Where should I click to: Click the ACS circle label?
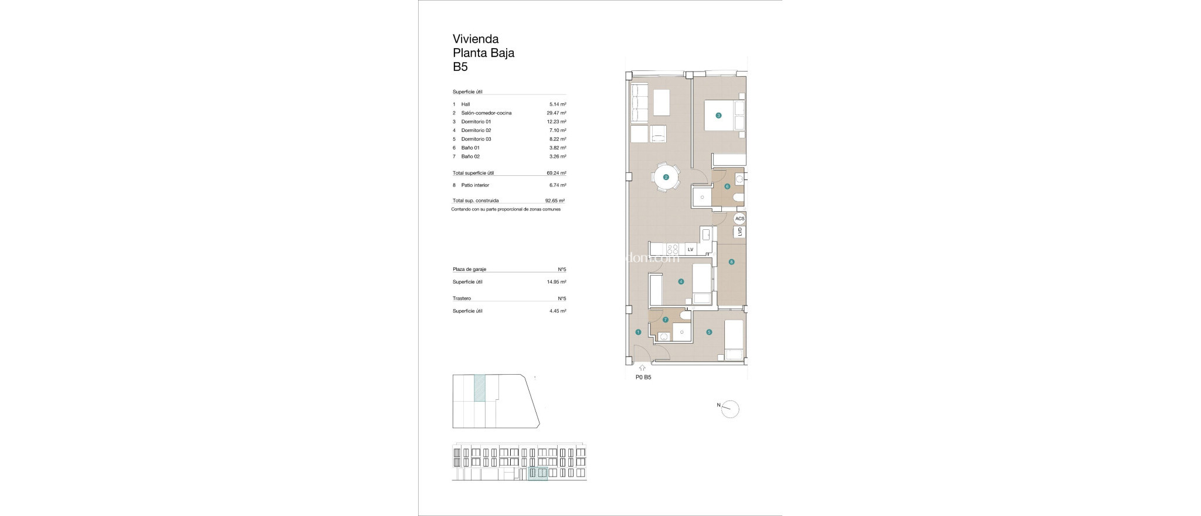tap(739, 219)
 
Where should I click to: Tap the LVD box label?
tap(739, 232)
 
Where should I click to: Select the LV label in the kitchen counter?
tap(690, 250)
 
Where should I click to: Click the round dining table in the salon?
tap(666, 176)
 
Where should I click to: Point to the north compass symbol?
tap(730, 409)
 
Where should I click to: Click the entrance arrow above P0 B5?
tap(642, 368)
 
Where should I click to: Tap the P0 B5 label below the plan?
tap(643, 378)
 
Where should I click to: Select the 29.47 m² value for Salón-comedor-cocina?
tap(556, 113)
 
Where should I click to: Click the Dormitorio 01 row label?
tap(476, 121)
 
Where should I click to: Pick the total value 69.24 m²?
tap(556, 173)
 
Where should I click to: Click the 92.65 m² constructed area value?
tap(555, 201)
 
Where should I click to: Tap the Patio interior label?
tap(475, 185)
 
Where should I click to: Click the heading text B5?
tap(460, 67)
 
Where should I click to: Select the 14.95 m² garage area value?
tap(556, 282)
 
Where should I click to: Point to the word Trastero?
tap(462, 298)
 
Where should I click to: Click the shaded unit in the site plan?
tap(480, 388)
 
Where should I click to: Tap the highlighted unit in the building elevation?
tap(538, 474)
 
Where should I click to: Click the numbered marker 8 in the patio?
tap(731, 262)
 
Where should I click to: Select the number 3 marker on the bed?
tap(718, 116)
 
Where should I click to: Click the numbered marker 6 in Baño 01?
tap(727, 186)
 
